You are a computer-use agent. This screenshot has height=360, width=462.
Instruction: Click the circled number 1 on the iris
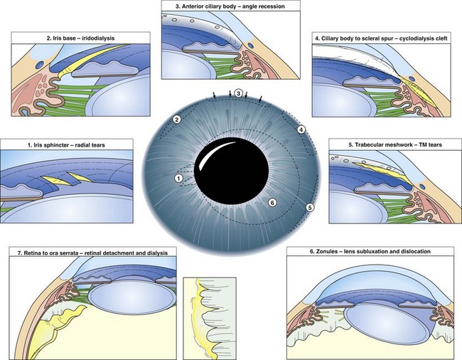178,178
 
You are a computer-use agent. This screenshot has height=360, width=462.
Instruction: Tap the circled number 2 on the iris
177,120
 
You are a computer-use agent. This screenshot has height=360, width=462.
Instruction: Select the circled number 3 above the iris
238,93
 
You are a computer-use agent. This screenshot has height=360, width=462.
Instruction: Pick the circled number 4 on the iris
301,129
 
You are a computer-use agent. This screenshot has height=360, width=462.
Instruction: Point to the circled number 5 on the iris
309,208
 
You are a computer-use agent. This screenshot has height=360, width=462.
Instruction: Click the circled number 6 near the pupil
272,203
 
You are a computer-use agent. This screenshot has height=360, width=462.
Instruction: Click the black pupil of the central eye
232,174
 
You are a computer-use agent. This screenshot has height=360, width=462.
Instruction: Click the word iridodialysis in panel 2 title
98,38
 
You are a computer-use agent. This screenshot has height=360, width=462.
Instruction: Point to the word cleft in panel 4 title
441,38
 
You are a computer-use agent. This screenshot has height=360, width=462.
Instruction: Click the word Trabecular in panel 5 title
368,144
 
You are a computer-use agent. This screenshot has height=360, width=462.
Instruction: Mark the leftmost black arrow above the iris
214,95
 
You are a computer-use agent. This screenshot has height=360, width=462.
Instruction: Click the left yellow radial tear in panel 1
56,181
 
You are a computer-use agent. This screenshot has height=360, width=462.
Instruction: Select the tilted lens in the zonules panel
388,324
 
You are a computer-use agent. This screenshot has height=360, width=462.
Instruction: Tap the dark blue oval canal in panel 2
41,63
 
